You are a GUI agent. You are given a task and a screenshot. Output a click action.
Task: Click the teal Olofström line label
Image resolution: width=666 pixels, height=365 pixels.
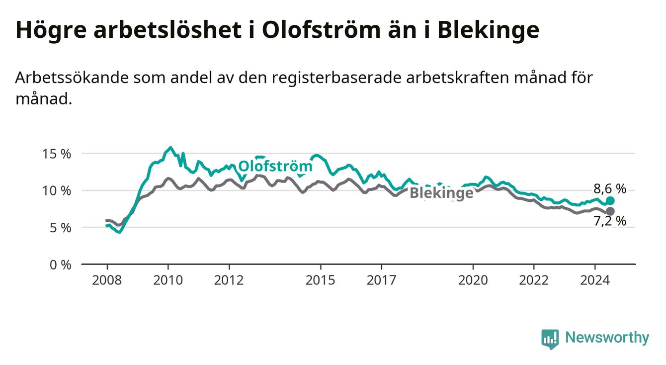[275, 166]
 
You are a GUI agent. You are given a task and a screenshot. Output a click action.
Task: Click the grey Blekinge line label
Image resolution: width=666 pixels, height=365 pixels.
[441, 193]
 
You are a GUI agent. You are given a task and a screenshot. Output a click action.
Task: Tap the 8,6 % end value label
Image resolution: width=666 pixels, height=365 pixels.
[610, 188]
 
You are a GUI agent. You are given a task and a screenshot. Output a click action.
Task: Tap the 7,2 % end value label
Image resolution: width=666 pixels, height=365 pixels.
[610, 221]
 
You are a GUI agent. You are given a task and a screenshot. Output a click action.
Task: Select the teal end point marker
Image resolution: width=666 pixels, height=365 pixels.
[610, 201]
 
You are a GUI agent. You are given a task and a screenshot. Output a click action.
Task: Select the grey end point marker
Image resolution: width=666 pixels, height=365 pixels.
[610, 211]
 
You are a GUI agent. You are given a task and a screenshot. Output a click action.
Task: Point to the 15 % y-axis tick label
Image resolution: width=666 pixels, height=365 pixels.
[57, 154]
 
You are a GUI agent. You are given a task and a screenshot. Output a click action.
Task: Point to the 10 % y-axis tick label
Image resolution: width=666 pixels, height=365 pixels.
[57, 190]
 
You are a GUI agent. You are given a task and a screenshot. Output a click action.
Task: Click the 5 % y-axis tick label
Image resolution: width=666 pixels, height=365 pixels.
[60, 228]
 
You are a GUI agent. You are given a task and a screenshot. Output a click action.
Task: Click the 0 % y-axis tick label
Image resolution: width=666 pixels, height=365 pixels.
[60, 265]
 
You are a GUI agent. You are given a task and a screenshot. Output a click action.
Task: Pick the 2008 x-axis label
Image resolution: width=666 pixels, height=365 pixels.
[107, 280]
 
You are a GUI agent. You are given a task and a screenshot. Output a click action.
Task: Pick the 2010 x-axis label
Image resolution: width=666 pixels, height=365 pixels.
[168, 280]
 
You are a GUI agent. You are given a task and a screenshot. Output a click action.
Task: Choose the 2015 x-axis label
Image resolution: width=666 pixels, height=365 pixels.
[321, 280]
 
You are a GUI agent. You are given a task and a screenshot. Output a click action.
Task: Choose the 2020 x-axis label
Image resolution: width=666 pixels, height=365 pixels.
[473, 280]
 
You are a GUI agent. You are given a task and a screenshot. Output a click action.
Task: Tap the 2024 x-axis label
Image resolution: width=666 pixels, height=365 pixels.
[595, 280]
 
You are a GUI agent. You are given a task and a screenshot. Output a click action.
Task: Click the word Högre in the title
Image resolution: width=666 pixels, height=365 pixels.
[51, 30]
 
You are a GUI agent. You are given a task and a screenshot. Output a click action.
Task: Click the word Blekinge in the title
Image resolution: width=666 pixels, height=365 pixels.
[489, 30]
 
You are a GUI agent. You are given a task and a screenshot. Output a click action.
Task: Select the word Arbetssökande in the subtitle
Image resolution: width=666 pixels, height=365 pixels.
[72, 78]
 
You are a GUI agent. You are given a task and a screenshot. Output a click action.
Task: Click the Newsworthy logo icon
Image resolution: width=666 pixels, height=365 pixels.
[550, 339]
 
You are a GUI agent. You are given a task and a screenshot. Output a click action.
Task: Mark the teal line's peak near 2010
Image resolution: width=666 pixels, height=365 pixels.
[170, 147]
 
